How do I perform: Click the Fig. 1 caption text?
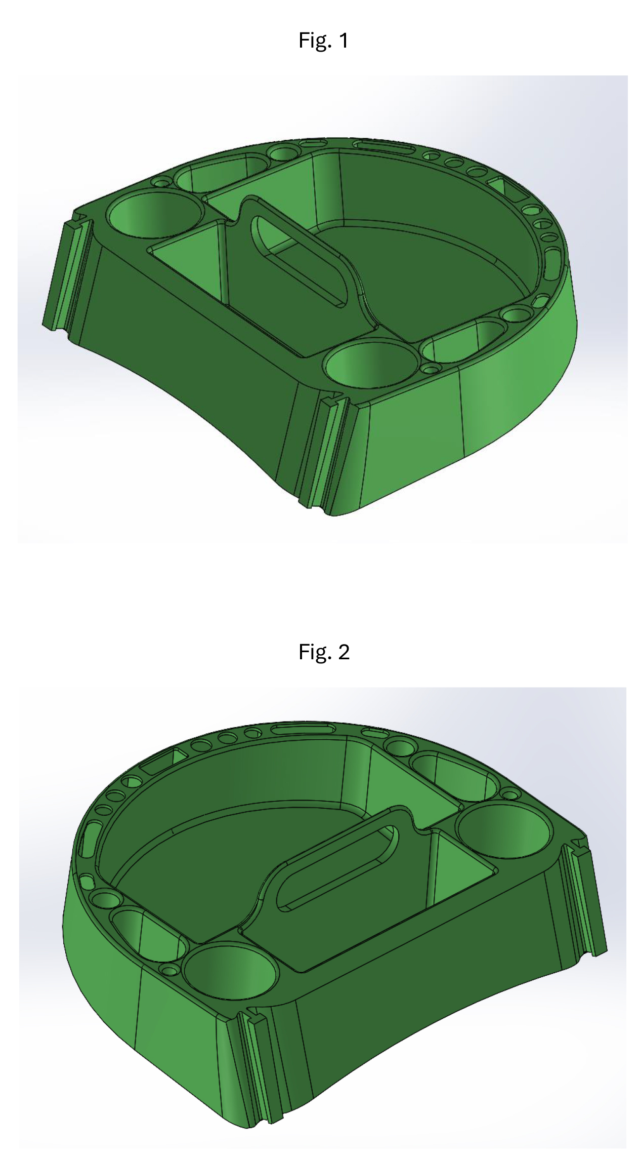coord(323,40)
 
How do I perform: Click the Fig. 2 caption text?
coord(324,652)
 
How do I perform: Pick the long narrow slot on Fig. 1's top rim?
coord(382,146)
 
